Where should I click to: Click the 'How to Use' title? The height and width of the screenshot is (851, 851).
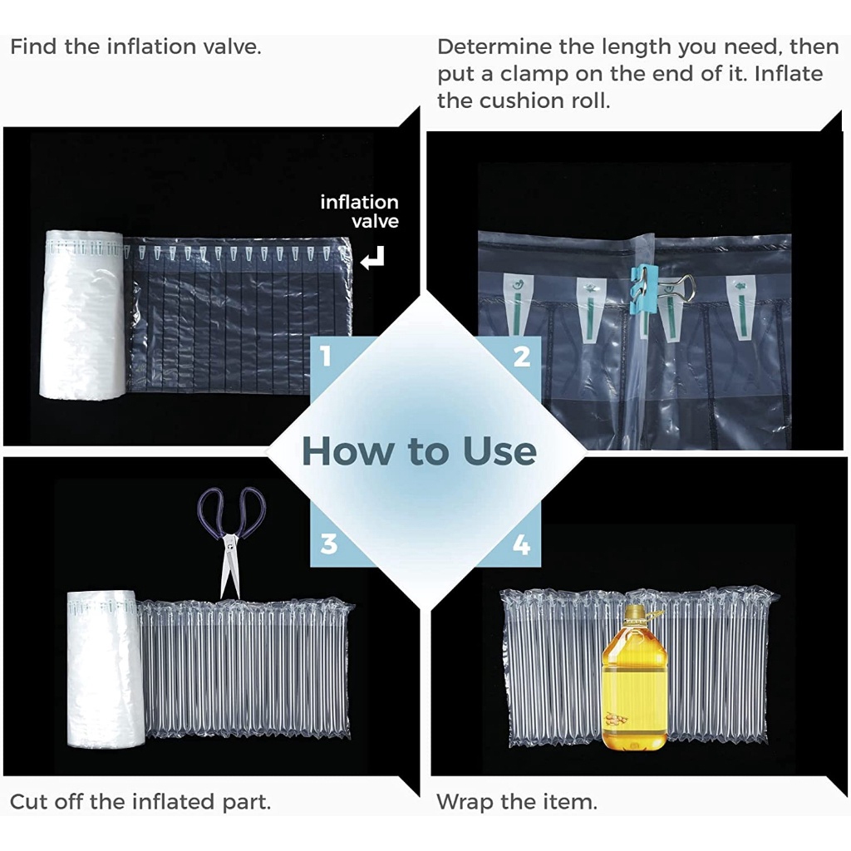(x=419, y=451)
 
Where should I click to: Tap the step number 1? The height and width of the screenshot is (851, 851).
(x=326, y=357)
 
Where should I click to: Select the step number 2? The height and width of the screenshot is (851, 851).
(x=522, y=357)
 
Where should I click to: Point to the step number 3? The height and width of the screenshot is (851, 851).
(x=329, y=544)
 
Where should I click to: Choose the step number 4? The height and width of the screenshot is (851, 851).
(x=522, y=544)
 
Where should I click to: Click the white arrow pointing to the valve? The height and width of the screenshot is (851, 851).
(x=373, y=258)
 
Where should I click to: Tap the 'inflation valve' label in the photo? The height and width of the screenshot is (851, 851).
(x=359, y=212)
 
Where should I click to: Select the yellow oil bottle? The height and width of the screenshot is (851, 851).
(x=634, y=678)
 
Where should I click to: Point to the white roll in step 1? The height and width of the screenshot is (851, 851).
(x=83, y=315)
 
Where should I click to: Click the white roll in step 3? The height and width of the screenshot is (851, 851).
(x=106, y=669)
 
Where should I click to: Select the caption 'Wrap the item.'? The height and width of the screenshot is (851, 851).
(x=517, y=802)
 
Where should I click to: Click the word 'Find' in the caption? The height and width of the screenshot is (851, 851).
(x=32, y=47)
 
